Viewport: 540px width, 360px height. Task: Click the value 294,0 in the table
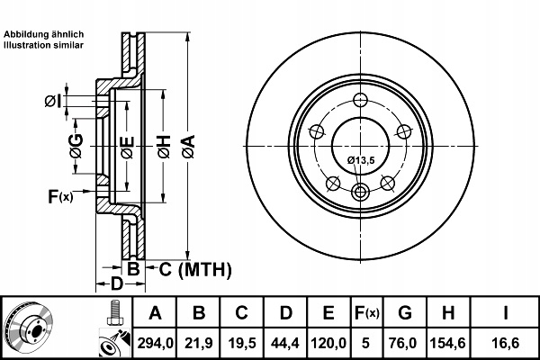coord(155,343)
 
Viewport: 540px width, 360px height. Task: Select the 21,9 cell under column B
coord(199,343)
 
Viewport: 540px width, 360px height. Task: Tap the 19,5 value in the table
coord(242,343)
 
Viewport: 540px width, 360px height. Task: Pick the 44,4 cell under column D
coord(285,343)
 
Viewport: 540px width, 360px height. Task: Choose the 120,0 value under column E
coord(328,343)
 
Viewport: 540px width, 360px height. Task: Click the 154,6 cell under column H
coord(448,343)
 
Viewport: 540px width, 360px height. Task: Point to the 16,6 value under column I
coord(505,343)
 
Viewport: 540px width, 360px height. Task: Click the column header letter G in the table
coord(405,313)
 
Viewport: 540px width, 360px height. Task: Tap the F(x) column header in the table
coord(367,313)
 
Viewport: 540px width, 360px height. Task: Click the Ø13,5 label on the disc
coord(361,160)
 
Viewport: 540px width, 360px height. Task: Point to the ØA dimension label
coord(189,147)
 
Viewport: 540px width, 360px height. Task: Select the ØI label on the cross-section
coord(53,102)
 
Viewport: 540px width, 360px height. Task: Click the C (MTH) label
coord(195,269)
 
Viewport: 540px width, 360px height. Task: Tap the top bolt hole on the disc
coord(361,100)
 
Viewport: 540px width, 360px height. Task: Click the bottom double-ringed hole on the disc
coord(360,192)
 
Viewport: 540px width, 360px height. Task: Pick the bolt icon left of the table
coord(115,313)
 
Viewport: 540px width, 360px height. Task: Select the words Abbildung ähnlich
coord(44,34)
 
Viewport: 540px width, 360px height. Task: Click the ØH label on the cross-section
coord(165,147)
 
